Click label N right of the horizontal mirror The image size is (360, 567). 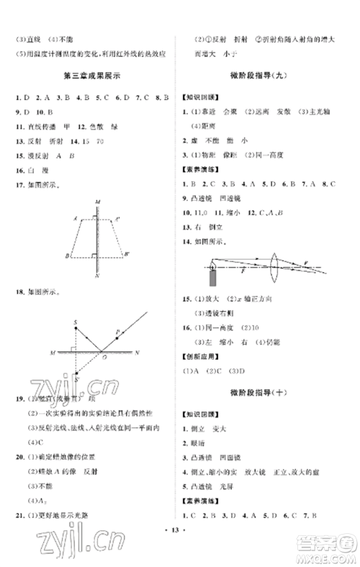click(137, 352)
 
